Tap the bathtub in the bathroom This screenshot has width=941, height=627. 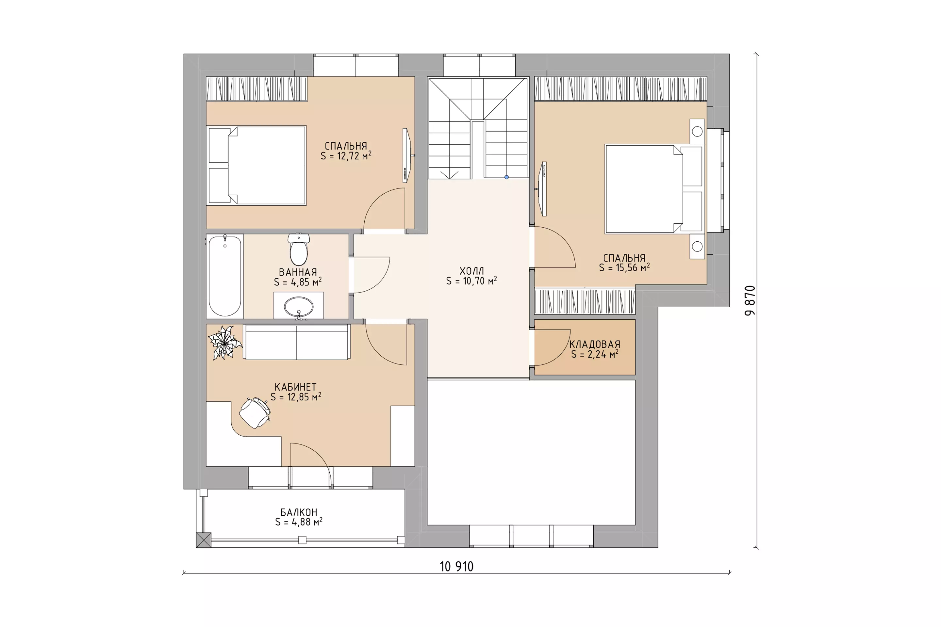coord(225,276)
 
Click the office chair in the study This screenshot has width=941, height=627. coord(255,413)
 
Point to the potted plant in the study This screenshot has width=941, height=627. coord(225,343)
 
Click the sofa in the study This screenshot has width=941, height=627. coord(297,342)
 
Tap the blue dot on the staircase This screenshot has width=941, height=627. coord(506,177)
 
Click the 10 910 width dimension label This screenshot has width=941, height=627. coord(456,567)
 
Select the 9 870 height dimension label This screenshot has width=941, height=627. coord(750,300)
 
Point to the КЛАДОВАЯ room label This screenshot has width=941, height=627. coord(595,344)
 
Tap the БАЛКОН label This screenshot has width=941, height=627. coord(299,512)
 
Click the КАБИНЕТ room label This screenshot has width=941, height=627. coord(296,387)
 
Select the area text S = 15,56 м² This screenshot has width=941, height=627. coord(624,267)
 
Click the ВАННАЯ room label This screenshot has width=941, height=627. coord(298,272)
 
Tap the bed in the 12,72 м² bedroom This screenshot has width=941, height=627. coord(256,166)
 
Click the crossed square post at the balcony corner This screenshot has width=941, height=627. coord(204,540)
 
